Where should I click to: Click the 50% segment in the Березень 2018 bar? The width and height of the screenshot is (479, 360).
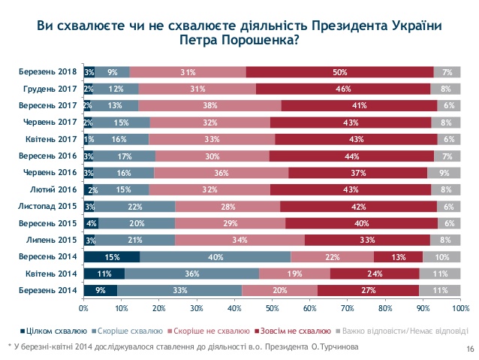(x=339, y=72)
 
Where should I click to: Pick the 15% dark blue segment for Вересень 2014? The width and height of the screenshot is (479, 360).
(x=112, y=257)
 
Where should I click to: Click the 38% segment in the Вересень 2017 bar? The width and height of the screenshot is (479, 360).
(x=209, y=106)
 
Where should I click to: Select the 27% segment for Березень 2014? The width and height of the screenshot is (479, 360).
(x=368, y=290)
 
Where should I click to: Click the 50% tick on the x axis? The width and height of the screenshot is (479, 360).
(x=272, y=307)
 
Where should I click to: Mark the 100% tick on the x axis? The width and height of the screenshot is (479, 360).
(x=459, y=307)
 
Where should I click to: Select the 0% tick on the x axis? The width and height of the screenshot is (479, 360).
(x=84, y=307)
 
